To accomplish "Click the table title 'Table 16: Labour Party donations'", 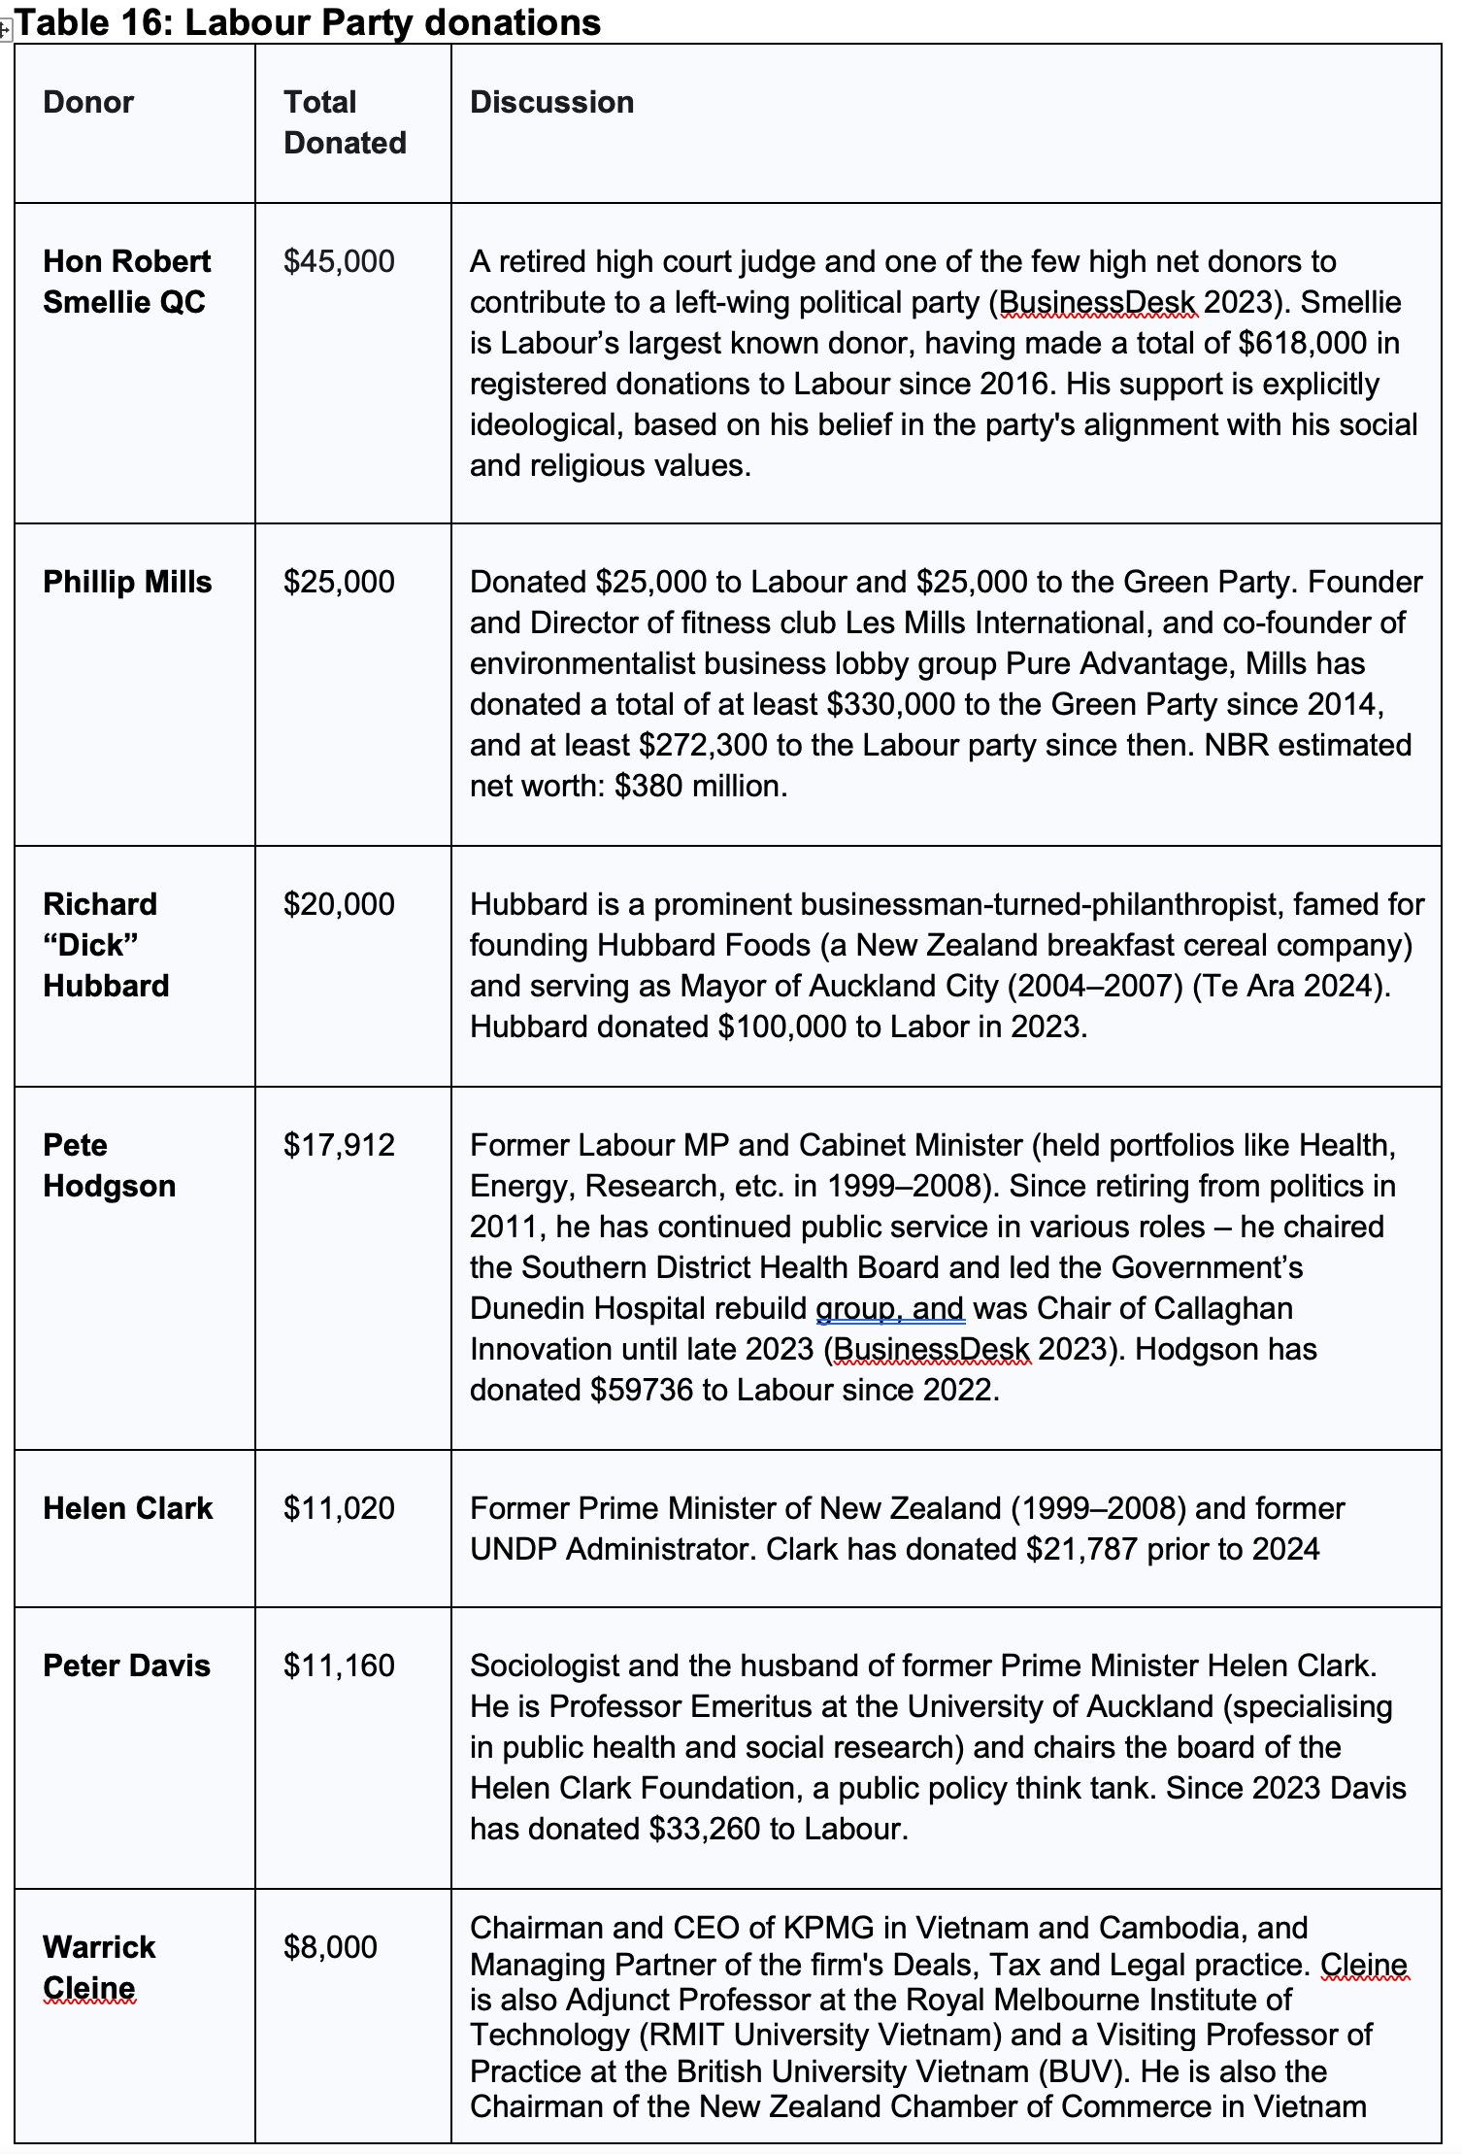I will (308, 22).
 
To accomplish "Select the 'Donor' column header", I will (88, 102).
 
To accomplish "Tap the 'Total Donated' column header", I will (345, 122).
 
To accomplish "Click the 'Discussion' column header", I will (551, 102).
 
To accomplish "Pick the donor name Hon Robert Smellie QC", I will (126, 282).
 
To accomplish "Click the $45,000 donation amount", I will (339, 261).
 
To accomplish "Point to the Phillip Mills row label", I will (127, 582).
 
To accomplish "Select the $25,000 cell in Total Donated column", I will (339, 582).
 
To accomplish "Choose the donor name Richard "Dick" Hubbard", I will (106, 945).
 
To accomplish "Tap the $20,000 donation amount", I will (339, 904).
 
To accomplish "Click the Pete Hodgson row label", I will (109, 1165).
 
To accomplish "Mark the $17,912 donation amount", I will (339, 1145).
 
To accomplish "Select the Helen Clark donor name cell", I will (127, 1508).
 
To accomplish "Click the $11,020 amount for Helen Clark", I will (339, 1508).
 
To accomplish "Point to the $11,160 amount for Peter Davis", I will (339, 1666).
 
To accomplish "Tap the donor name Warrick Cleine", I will (99, 1968).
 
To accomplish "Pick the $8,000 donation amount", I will (330, 1947).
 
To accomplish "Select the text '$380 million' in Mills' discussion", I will (698, 786).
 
